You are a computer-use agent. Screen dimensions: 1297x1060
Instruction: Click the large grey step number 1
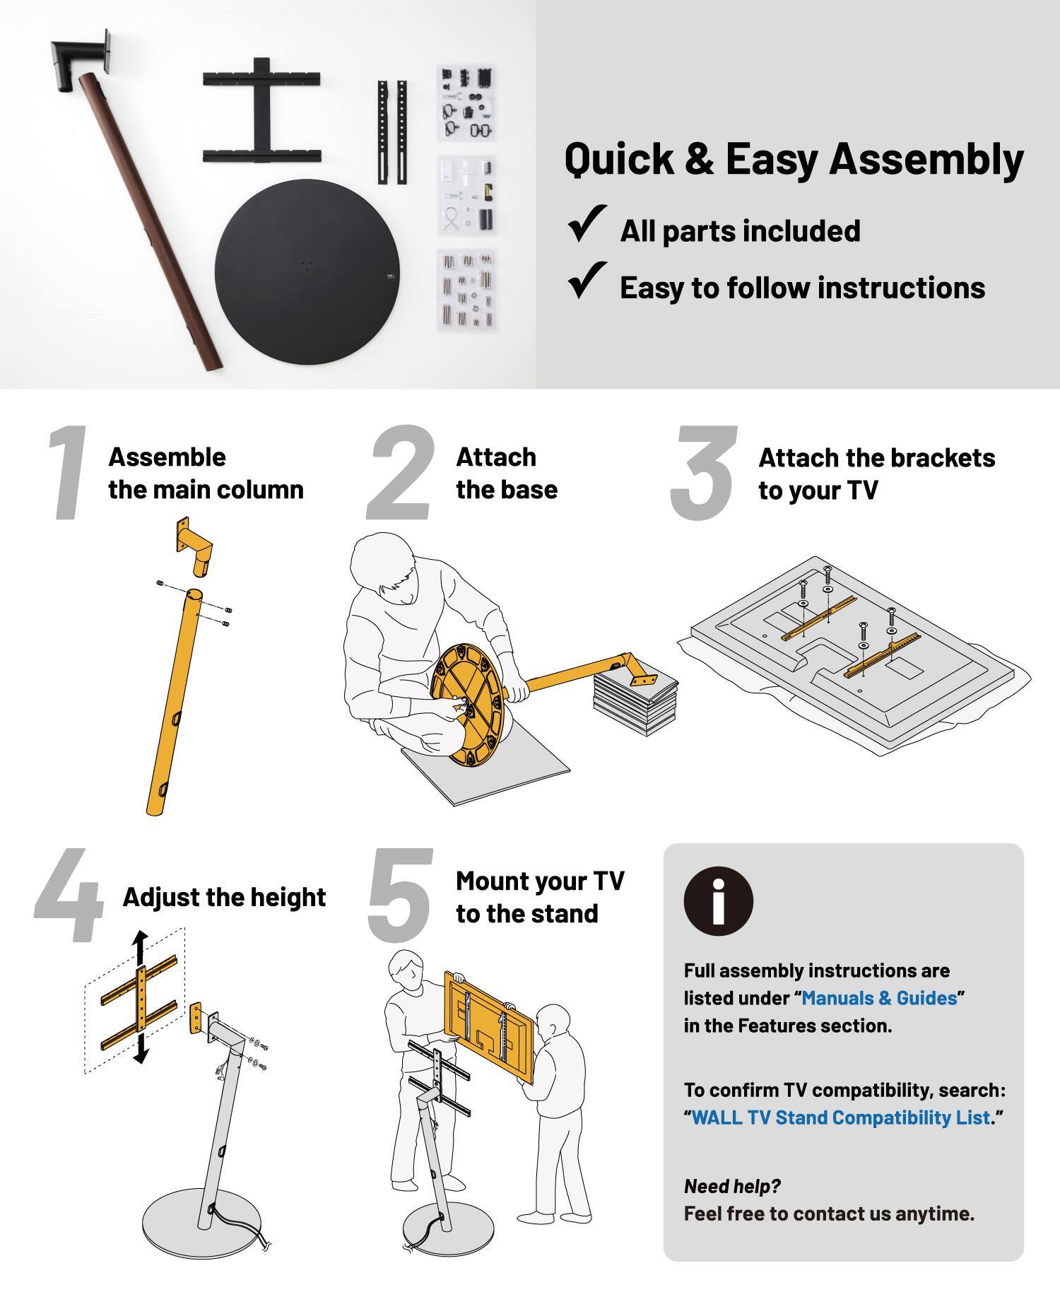(69, 474)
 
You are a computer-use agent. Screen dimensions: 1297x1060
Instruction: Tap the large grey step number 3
(703, 474)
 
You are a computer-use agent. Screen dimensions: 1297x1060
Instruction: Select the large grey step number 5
(399, 898)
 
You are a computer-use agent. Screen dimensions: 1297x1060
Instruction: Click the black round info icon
(718, 901)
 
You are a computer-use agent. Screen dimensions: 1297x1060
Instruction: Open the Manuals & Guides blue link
(879, 998)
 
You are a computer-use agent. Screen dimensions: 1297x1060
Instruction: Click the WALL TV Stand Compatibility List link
(840, 1117)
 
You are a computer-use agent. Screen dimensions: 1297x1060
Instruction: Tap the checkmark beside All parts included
(587, 224)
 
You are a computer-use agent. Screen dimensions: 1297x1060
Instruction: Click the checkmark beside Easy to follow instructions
(587, 281)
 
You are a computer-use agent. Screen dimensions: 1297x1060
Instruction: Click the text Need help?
(732, 1187)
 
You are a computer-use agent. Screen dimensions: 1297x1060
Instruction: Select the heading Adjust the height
(224, 898)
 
